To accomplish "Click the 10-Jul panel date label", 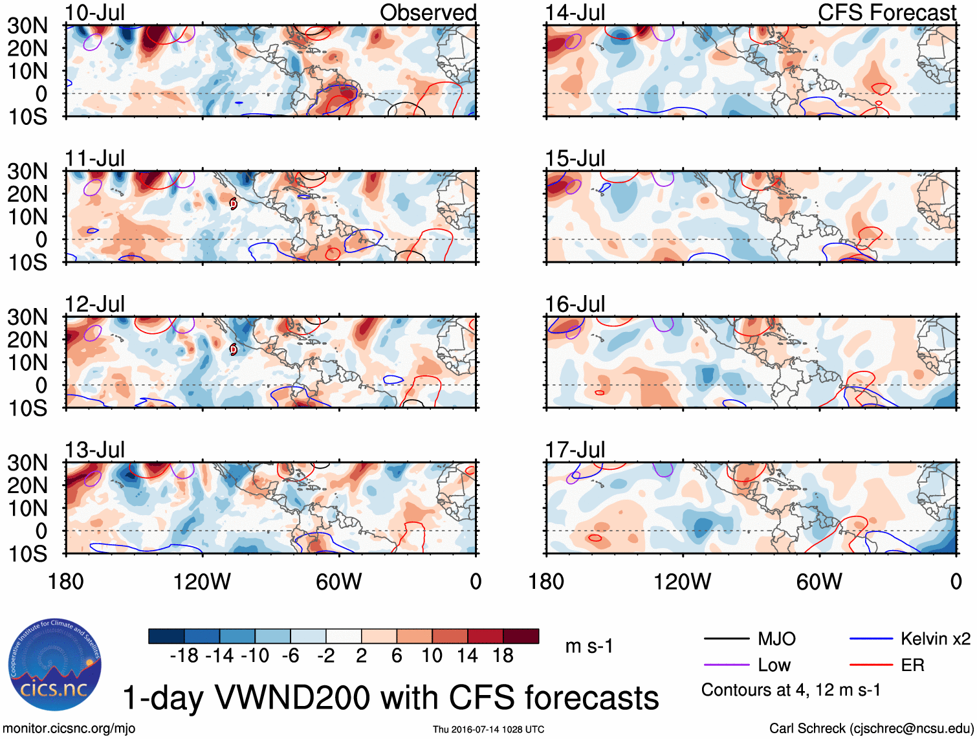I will point(94,12).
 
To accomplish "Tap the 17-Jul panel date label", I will point(575,449).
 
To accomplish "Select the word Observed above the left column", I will point(428,12).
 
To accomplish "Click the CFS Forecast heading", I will point(886,12).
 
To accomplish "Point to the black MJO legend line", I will point(726,639).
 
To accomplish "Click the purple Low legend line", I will point(726,665).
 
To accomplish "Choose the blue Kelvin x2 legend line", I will point(871,639).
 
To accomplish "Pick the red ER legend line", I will point(871,665).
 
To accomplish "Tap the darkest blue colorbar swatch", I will point(166,636).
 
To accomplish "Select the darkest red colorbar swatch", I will point(521,636).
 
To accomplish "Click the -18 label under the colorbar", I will point(184,656).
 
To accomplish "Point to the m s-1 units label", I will point(589,646).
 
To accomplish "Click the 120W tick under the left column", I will point(202,582).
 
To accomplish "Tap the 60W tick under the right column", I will point(819,582).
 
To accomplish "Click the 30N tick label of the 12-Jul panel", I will point(27,317).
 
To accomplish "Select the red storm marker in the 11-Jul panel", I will point(234,204).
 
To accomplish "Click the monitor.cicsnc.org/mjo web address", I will point(69,728).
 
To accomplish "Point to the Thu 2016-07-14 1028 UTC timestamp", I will point(488,729).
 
